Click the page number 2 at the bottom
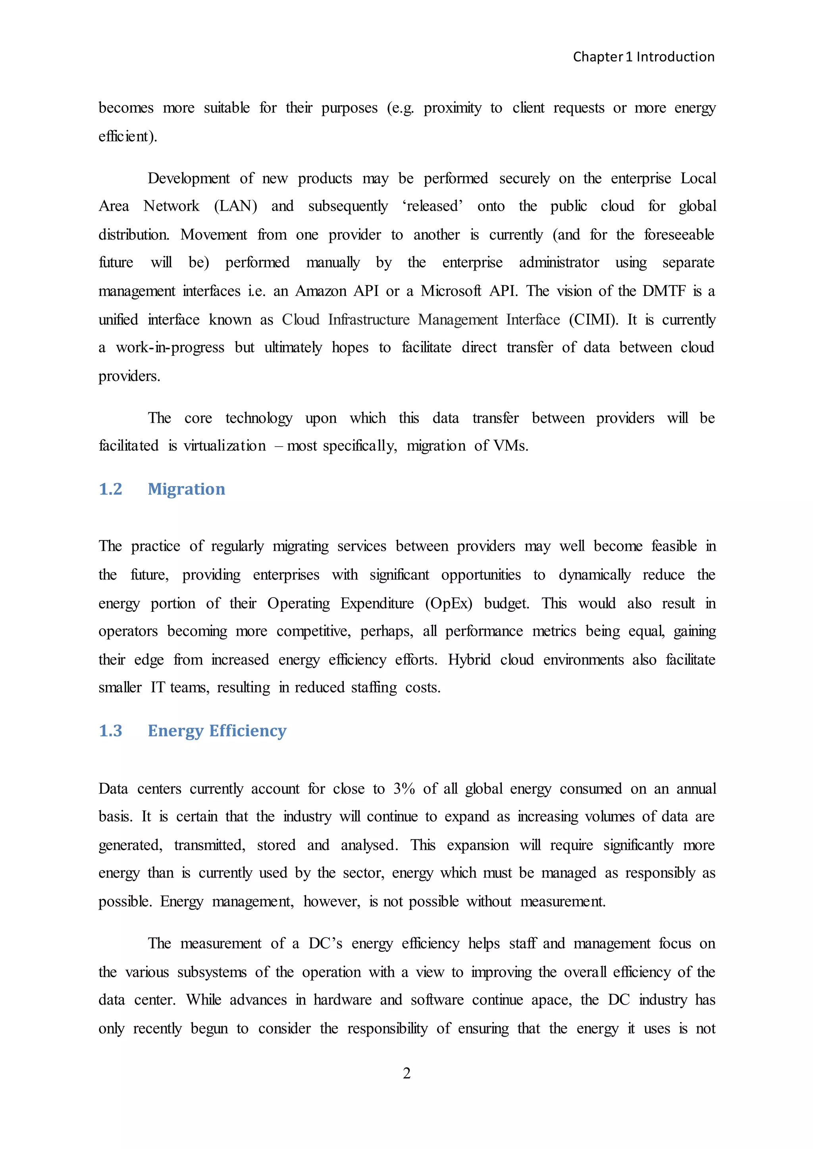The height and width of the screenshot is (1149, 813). click(x=406, y=1072)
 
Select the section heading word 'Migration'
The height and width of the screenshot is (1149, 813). click(x=186, y=489)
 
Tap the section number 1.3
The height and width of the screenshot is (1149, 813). click(x=111, y=731)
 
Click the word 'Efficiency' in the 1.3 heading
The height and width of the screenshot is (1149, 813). click(x=248, y=731)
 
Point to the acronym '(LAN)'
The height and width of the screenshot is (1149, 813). click(x=235, y=206)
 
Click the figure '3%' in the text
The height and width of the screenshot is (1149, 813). click(x=404, y=789)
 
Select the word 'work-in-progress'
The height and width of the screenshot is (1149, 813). click(x=170, y=347)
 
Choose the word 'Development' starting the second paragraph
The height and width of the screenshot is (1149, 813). click(x=188, y=178)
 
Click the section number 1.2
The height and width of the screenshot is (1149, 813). click(x=111, y=489)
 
